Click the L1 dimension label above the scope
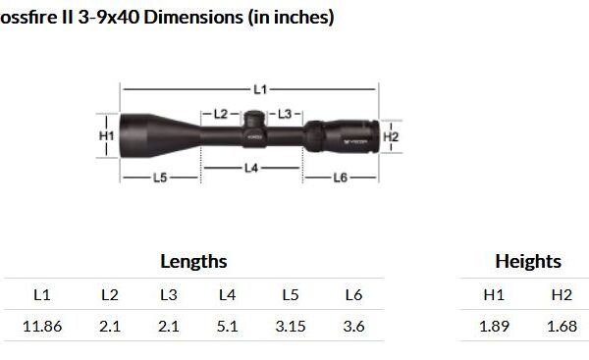tap(260, 89)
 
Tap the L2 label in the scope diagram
tap(221, 114)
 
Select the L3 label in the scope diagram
tap(285, 114)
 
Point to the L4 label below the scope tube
tap(251, 168)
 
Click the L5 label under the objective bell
tap(160, 178)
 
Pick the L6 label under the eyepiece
tap(341, 178)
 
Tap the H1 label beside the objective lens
tap(107, 135)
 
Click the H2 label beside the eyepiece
tap(391, 136)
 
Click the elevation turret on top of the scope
tap(254, 119)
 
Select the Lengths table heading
tap(193, 262)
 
